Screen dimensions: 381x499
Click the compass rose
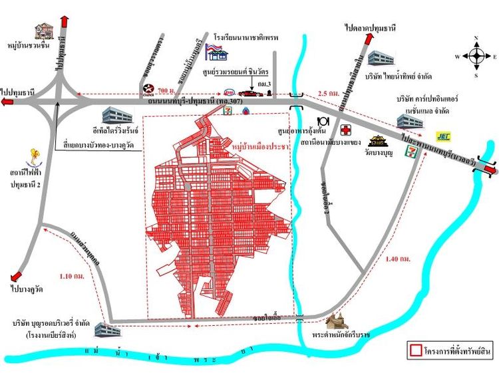(x=475, y=56)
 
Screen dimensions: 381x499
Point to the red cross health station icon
(x=345, y=130)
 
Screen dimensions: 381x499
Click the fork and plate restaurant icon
(x=324, y=121)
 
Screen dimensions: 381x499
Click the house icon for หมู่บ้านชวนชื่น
(x=43, y=31)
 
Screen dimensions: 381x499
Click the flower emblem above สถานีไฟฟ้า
(x=34, y=157)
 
